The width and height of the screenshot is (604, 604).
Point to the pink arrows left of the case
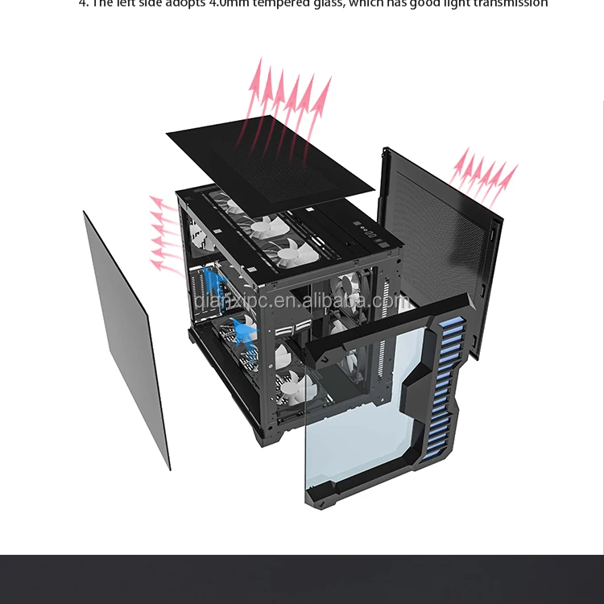(165, 234)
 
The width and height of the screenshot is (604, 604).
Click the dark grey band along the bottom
(302, 579)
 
